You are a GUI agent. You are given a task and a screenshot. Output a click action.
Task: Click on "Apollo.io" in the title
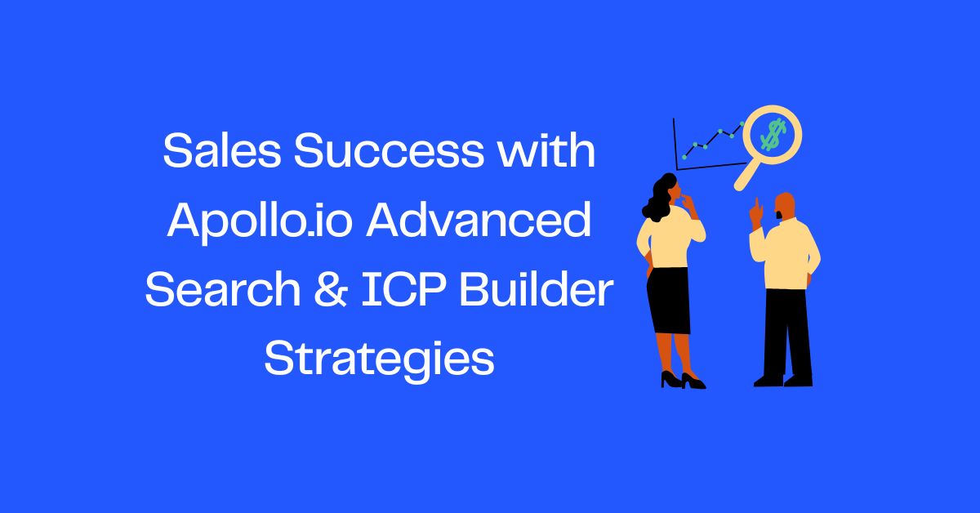click(x=261, y=222)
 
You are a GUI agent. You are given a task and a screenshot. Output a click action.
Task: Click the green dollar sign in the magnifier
click(x=771, y=133)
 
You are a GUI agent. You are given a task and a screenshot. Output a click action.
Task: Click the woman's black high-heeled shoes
click(x=682, y=380)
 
